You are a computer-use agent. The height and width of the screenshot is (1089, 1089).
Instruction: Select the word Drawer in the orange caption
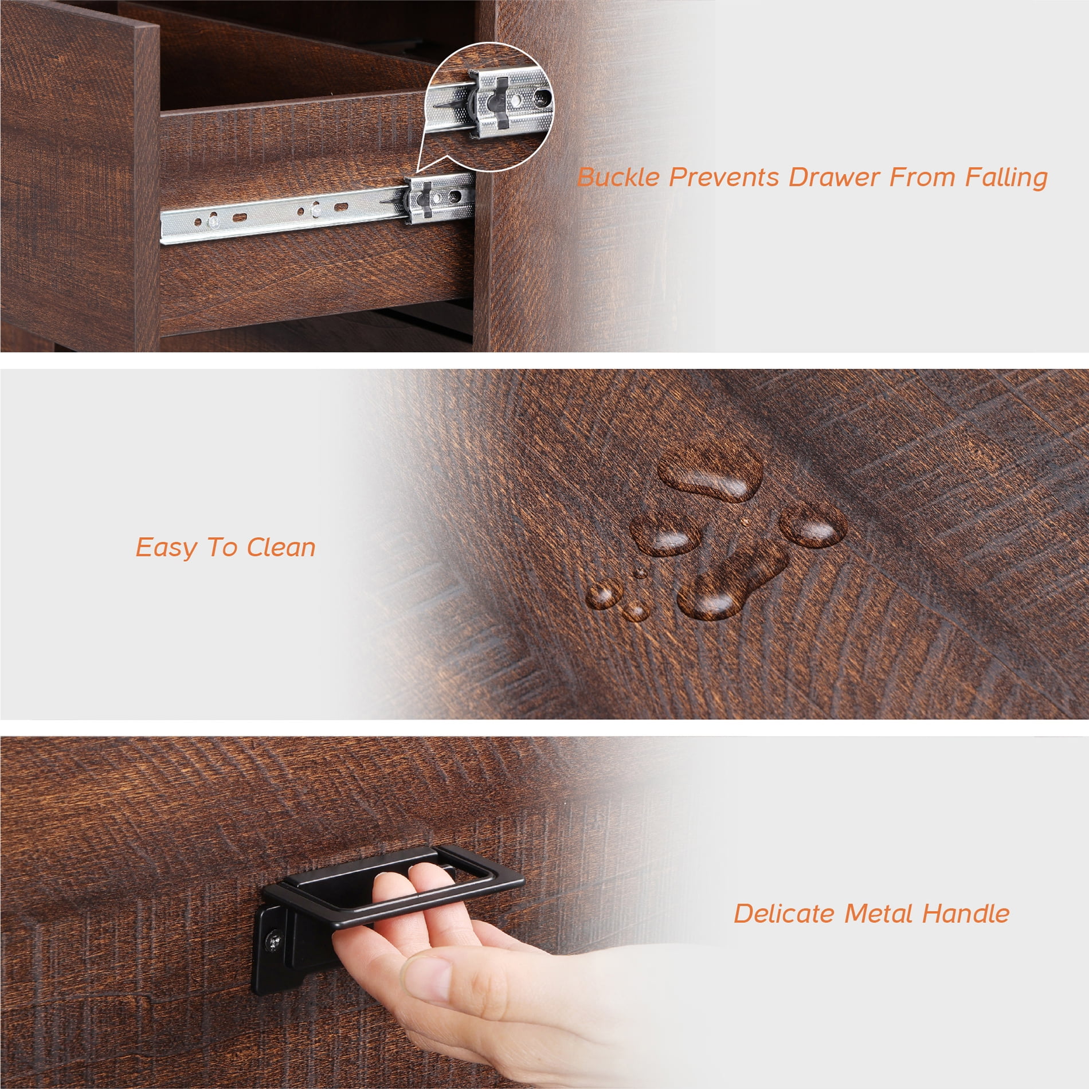point(834,177)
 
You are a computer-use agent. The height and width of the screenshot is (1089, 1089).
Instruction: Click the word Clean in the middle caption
point(281,547)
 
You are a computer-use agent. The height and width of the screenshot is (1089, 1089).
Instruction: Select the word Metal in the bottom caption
point(878,914)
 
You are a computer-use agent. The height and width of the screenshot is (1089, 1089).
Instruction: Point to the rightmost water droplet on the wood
point(813,524)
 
